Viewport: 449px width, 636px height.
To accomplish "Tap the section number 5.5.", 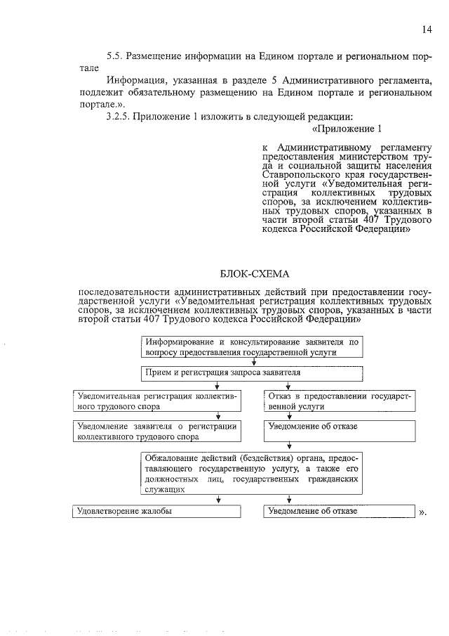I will (114, 55).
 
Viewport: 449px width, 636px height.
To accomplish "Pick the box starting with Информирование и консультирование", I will (251, 347).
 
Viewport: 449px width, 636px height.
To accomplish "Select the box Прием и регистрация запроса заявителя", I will (251, 372).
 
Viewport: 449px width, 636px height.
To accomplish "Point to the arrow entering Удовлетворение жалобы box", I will (219, 500).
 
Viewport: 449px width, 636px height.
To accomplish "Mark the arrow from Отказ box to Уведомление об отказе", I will (289, 416).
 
